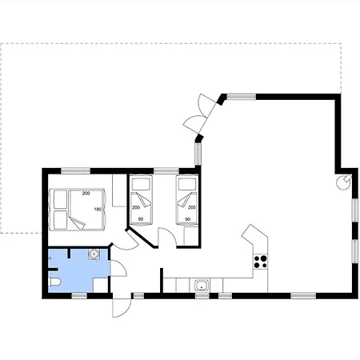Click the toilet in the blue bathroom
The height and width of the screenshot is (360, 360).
tap(55, 282)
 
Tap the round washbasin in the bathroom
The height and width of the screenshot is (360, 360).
tap(94, 254)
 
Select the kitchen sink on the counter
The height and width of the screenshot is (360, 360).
tap(202, 285)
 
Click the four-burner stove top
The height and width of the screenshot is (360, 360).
tap(260, 262)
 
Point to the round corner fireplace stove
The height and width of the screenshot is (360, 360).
tap(344, 182)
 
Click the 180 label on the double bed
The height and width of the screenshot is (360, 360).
tap(98, 210)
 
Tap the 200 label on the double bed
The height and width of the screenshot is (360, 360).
tap(86, 194)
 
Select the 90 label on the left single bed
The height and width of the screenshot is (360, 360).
tap(141, 219)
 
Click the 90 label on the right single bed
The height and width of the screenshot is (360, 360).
tap(187, 219)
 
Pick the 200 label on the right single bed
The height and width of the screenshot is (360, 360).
tap(192, 207)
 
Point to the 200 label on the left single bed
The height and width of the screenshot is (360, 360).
tap(136, 207)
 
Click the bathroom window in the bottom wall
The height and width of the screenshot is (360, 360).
tap(79, 295)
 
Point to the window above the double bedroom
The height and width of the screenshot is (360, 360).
tap(76, 170)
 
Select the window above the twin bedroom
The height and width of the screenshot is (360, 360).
tap(166, 170)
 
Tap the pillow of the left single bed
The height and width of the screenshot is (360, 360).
tap(141, 184)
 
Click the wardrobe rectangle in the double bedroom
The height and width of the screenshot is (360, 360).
tap(119, 190)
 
